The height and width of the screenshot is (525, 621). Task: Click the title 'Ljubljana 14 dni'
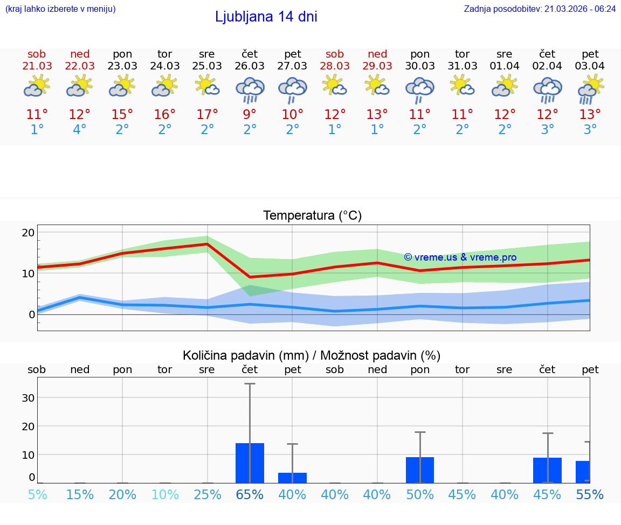(x=266, y=17)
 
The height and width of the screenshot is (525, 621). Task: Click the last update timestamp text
(x=540, y=9)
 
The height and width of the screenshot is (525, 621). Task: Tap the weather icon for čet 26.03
(x=250, y=89)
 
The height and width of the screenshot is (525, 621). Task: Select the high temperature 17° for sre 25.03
(x=207, y=115)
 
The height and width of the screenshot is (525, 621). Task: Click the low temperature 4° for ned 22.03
(x=79, y=130)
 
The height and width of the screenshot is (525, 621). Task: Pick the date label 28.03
(x=335, y=66)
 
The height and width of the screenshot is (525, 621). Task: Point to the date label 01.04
(x=505, y=66)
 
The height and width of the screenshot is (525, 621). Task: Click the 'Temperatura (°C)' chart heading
(x=312, y=216)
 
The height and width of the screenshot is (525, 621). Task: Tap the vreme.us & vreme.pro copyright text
(x=460, y=257)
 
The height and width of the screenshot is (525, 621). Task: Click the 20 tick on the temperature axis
(x=28, y=233)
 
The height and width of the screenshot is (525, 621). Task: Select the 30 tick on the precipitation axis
(x=28, y=398)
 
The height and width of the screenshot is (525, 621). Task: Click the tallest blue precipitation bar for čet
(x=250, y=463)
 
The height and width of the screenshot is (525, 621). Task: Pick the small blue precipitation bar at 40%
(x=292, y=478)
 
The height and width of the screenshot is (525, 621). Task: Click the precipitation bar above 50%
(x=420, y=470)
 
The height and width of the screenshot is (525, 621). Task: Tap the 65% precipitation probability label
(x=250, y=495)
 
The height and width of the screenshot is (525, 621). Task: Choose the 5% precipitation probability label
(x=37, y=495)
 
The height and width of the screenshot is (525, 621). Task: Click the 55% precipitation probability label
(x=590, y=495)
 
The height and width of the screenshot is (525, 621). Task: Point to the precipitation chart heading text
(x=312, y=355)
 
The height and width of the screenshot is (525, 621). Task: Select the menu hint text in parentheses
(x=60, y=9)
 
